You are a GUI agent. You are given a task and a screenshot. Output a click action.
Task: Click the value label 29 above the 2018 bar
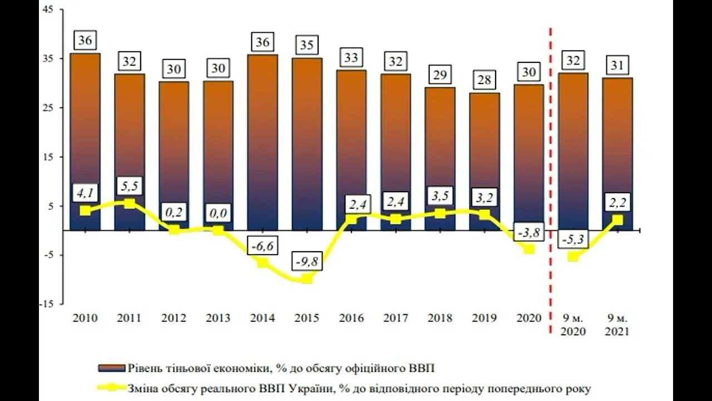tap(439, 75)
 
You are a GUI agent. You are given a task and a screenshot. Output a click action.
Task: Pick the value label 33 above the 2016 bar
tap(351, 57)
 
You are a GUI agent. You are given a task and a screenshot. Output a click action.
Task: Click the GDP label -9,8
tap(308, 261)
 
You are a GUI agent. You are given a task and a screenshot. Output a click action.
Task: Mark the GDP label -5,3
tap(573, 239)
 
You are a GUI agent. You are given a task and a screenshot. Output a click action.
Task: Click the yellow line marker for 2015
tap(307, 278)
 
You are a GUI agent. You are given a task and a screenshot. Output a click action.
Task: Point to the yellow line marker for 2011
tap(129, 203)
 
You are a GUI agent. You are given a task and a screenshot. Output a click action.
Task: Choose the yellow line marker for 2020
tap(528, 249)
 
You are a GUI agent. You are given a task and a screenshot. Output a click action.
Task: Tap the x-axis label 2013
tap(218, 318)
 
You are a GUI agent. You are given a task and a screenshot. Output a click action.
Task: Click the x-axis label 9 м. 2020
tap(573, 325)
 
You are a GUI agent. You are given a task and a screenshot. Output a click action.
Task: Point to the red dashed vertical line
tap(551, 167)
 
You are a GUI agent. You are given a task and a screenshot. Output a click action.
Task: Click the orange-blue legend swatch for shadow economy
tap(112, 368)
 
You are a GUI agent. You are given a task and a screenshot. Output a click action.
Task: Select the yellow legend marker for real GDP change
tap(112, 388)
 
